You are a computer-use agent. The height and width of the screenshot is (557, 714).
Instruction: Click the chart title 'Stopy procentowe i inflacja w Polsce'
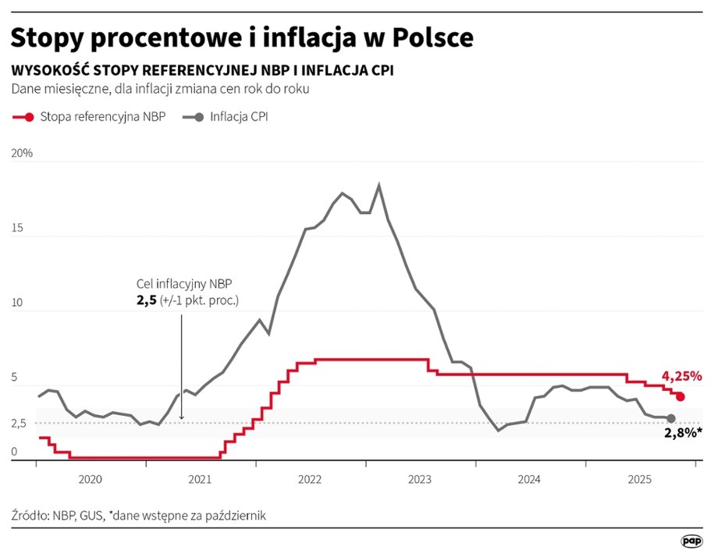click(x=242, y=37)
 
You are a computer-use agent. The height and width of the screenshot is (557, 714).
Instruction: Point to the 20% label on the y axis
click(x=22, y=154)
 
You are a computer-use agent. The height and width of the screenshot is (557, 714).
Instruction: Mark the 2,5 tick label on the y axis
click(x=19, y=424)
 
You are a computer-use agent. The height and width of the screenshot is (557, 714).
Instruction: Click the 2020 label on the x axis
click(x=91, y=478)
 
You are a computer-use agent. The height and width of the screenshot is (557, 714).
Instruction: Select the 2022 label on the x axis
click(x=311, y=478)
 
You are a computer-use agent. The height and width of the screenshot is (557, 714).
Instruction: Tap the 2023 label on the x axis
click(x=420, y=478)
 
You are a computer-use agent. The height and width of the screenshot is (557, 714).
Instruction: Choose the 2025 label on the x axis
click(x=640, y=478)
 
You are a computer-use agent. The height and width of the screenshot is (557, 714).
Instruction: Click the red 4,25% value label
click(x=682, y=377)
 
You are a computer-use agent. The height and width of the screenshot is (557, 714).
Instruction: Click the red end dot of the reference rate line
click(x=680, y=397)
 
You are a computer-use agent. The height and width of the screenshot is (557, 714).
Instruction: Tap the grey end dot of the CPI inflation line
click(x=671, y=419)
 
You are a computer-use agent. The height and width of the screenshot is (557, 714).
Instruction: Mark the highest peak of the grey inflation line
click(x=379, y=185)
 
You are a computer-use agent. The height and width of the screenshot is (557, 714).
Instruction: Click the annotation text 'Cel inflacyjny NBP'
click(x=184, y=284)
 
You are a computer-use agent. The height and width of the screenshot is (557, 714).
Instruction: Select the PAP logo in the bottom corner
click(x=691, y=540)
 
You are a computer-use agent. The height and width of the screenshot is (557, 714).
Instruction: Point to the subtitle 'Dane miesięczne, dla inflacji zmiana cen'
click(x=160, y=89)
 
